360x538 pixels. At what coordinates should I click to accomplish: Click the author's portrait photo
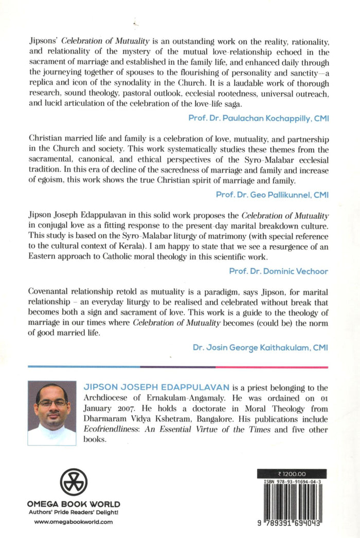[x=52, y=413]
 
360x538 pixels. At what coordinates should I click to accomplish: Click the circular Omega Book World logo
[x=73, y=481]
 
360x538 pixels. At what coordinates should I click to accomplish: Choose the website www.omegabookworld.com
[x=74, y=522]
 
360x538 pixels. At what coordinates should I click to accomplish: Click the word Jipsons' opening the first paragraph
[x=43, y=39]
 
